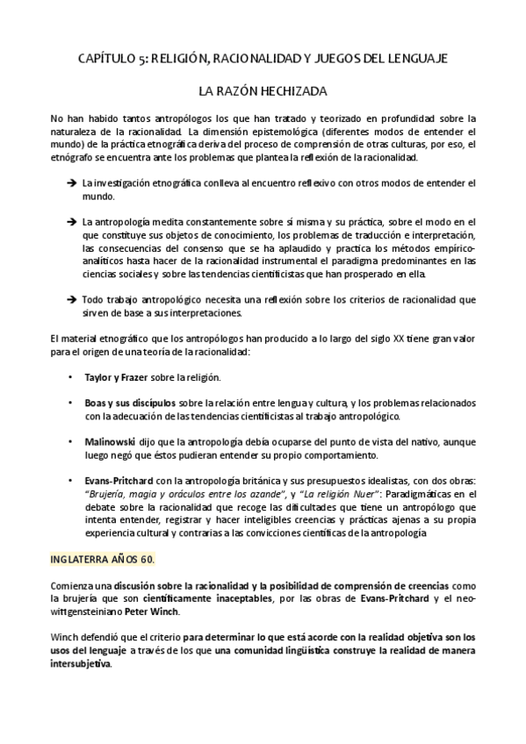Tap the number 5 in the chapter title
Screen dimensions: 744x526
[x=142, y=58]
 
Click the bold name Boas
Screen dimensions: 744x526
[x=96, y=403]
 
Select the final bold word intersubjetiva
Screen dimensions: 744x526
[x=82, y=663]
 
